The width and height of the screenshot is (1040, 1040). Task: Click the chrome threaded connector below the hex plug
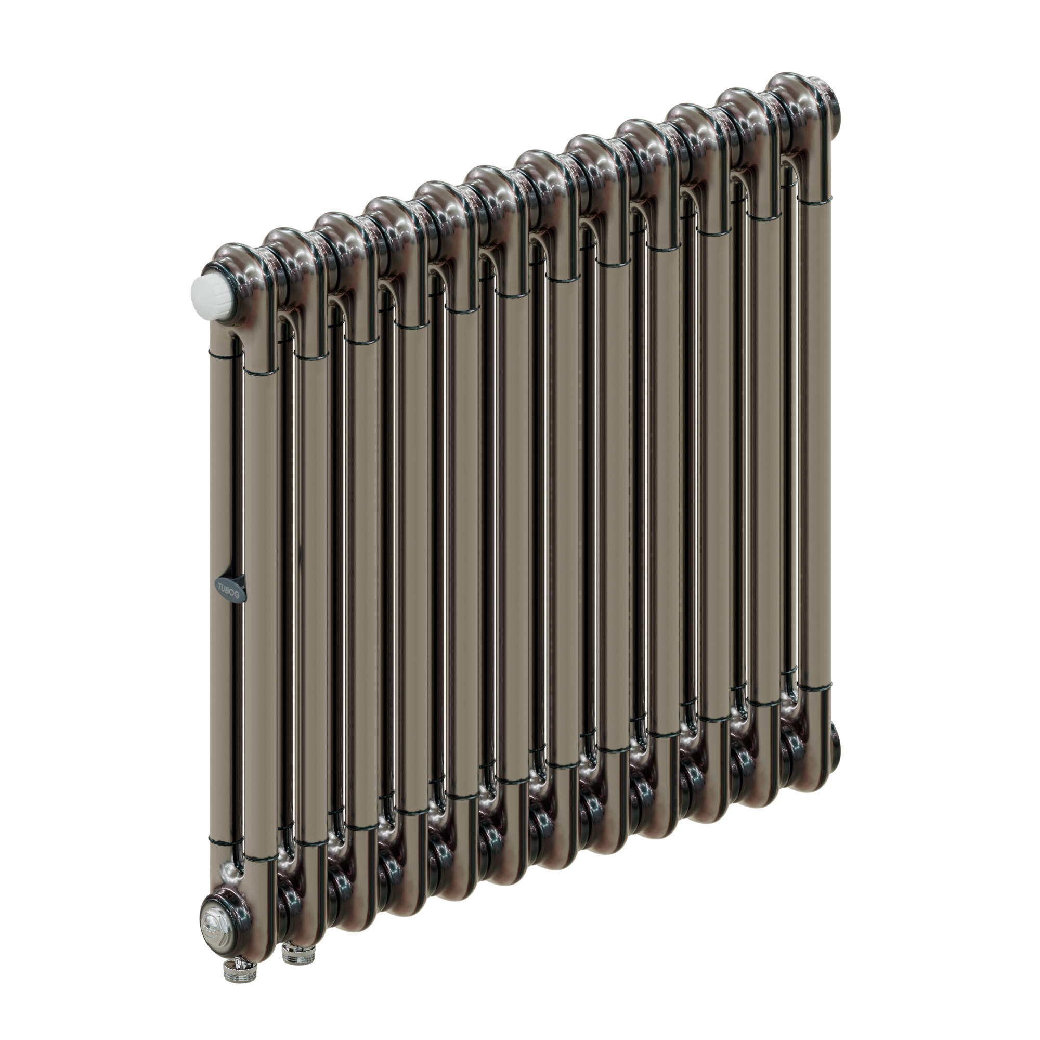click(x=233, y=974)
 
